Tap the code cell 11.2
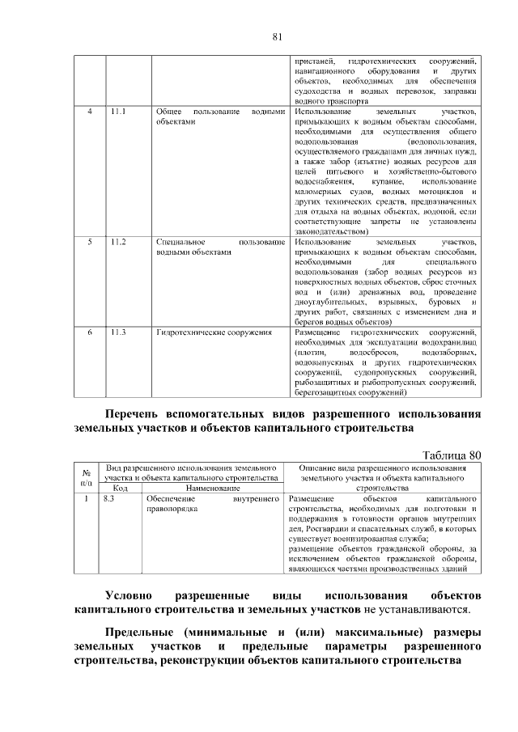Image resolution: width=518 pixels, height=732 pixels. [118, 242]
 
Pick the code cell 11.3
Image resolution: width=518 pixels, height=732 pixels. [118, 332]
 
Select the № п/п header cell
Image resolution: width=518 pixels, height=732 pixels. [86, 478]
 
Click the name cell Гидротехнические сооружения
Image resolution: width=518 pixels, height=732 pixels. [214, 332]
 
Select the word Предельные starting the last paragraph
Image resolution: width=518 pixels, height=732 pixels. [140, 631]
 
